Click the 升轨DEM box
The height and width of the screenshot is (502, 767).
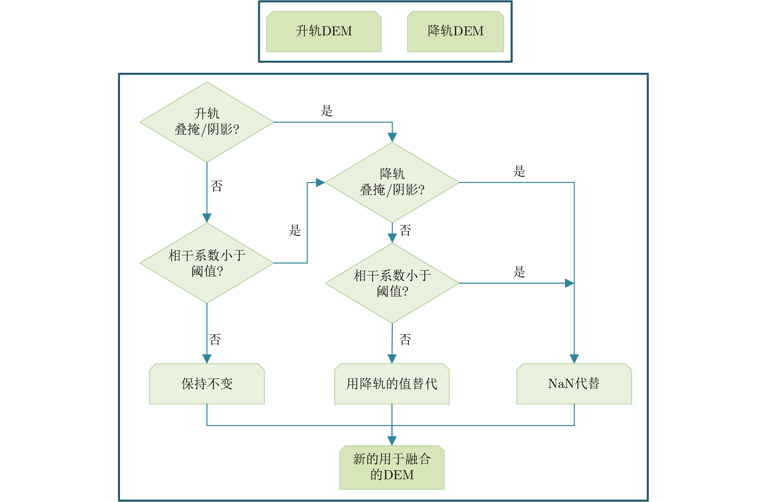324,31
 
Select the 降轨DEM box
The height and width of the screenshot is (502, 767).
455,31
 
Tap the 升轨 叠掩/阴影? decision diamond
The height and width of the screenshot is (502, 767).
207,122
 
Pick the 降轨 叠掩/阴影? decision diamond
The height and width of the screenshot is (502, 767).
392,182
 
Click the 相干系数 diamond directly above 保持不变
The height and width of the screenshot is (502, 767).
207,263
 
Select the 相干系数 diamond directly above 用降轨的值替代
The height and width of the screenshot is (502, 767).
392,283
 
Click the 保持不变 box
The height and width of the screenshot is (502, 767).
207,384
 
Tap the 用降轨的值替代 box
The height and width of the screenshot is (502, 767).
392,384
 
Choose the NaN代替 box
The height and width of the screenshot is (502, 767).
574,384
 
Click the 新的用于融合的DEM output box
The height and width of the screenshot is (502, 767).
392,467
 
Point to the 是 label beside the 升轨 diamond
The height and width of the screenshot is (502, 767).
327,111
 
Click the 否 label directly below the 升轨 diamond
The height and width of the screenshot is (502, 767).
217,186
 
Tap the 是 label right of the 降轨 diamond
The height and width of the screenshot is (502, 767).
519,171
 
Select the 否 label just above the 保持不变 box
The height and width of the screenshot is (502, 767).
215,340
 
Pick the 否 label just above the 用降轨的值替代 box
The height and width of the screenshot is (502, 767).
405,340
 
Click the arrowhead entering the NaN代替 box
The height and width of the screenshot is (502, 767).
574,359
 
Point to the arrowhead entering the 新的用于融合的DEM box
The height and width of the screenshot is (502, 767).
392,441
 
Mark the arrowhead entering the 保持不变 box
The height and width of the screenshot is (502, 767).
207,359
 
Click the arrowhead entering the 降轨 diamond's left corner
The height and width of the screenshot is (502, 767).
320,183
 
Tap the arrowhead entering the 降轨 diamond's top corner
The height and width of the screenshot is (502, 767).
392,137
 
